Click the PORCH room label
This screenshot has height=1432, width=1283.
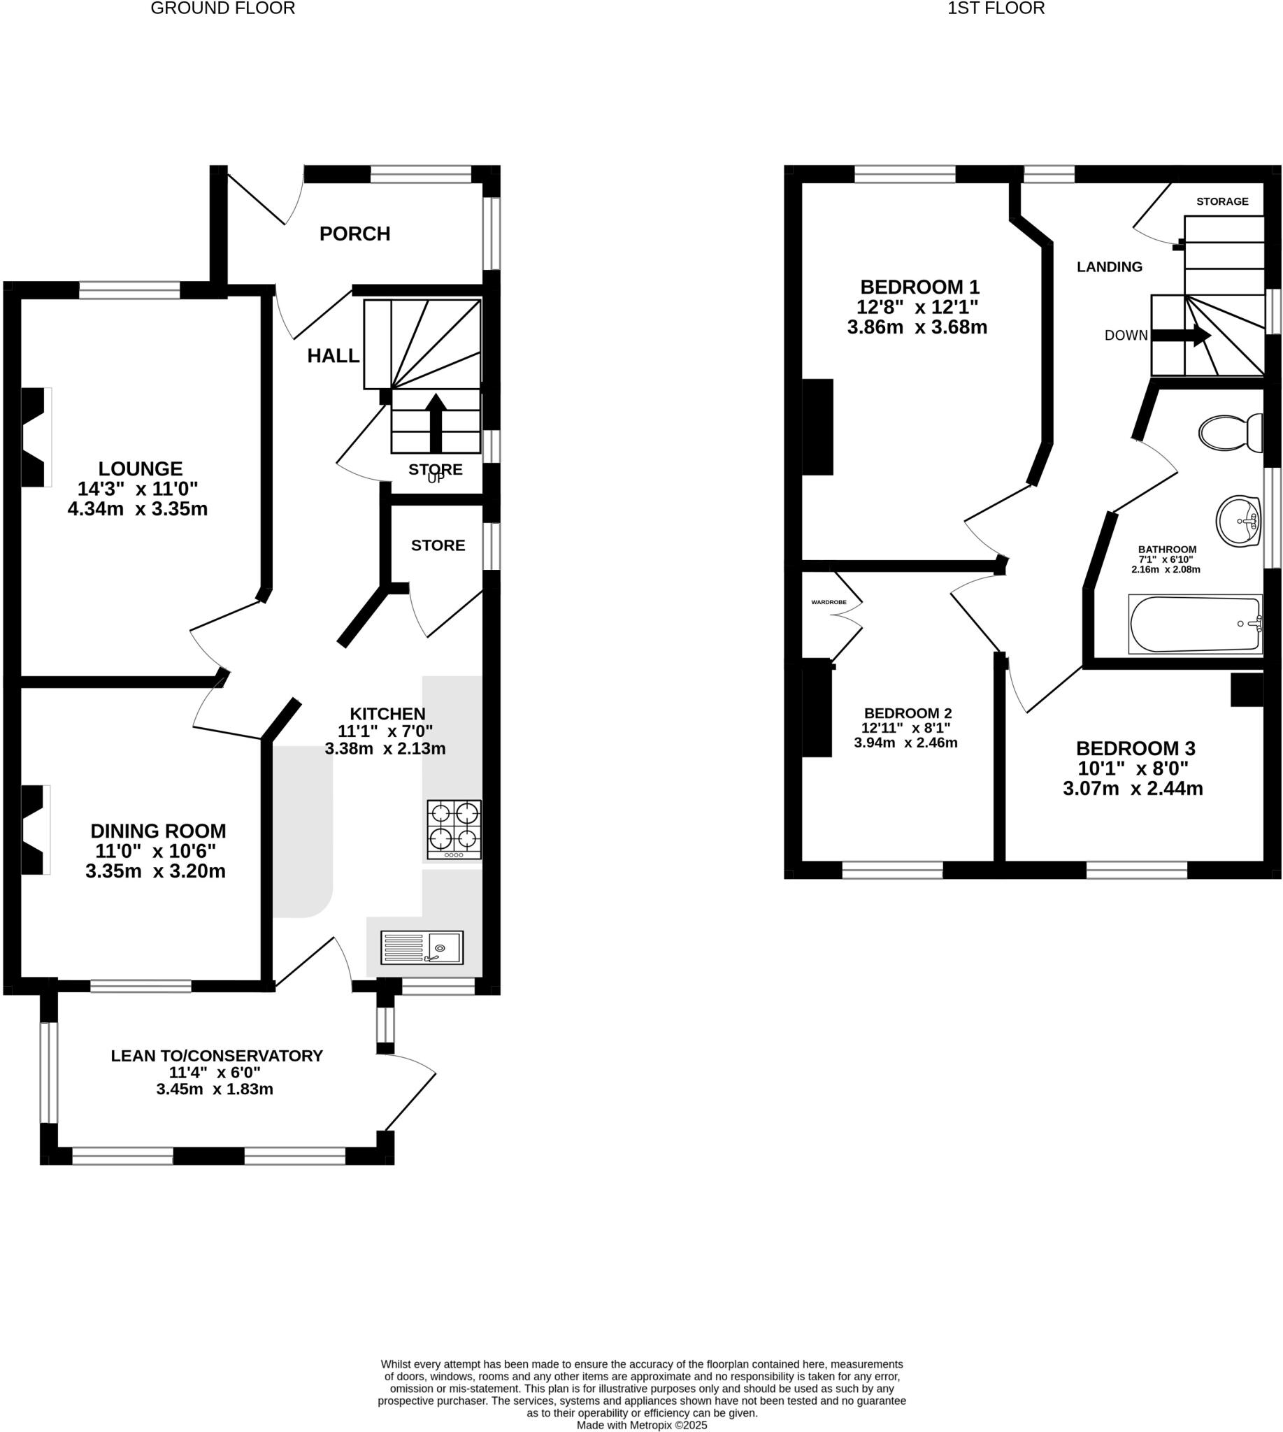click(x=354, y=234)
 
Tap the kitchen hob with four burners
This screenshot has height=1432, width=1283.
click(x=454, y=829)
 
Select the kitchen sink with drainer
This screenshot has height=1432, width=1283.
click(x=422, y=947)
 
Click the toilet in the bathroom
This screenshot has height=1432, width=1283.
click(x=1231, y=432)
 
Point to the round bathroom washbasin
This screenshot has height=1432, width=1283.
click(x=1238, y=521)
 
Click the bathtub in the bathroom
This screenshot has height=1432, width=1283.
click(x=1195, y=624)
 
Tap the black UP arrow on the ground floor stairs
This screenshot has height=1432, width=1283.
click(x=436, y=422)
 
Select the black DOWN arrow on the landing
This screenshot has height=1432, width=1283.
click(x=1181, y=336)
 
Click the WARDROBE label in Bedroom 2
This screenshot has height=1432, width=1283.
click(x=829, y=602)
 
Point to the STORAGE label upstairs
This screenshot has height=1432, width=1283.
click(x=1221, y=201)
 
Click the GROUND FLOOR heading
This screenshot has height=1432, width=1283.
click(x=223, y=8)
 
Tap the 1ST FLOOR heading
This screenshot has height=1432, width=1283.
click(x=996, y=8)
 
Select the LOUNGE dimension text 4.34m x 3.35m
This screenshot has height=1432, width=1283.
click(x=138, y=508)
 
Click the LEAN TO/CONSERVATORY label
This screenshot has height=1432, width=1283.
click(x=217, y=1056)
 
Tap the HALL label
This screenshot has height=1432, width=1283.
click(x=333, y=356)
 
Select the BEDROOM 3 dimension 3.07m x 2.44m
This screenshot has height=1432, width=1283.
click(x=1132, y=788)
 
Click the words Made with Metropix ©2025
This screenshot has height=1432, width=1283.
click(x=642, y=1425)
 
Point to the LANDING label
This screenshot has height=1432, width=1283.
click(x=1109, y=266)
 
